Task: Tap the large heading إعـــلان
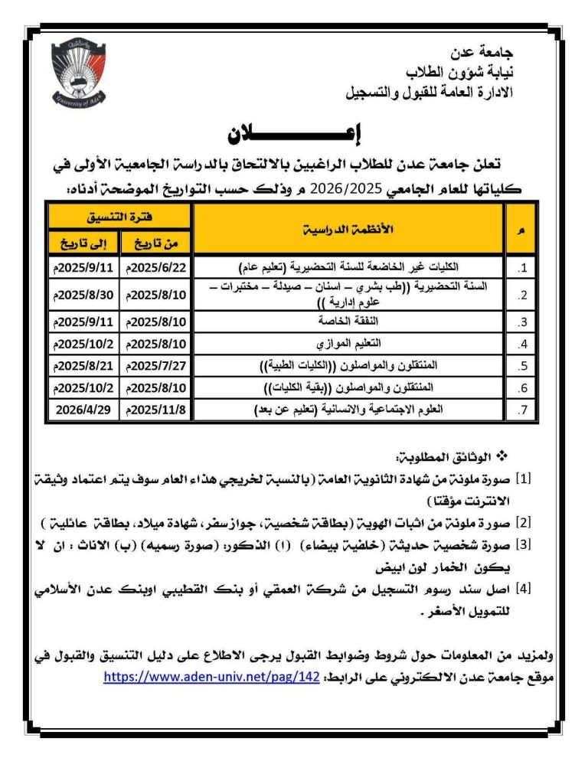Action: (x=296, y=133)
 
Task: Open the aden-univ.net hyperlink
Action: (x=211, y=677)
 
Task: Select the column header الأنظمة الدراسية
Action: (x=348, y=229)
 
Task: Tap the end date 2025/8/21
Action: (x=83, y=365)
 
